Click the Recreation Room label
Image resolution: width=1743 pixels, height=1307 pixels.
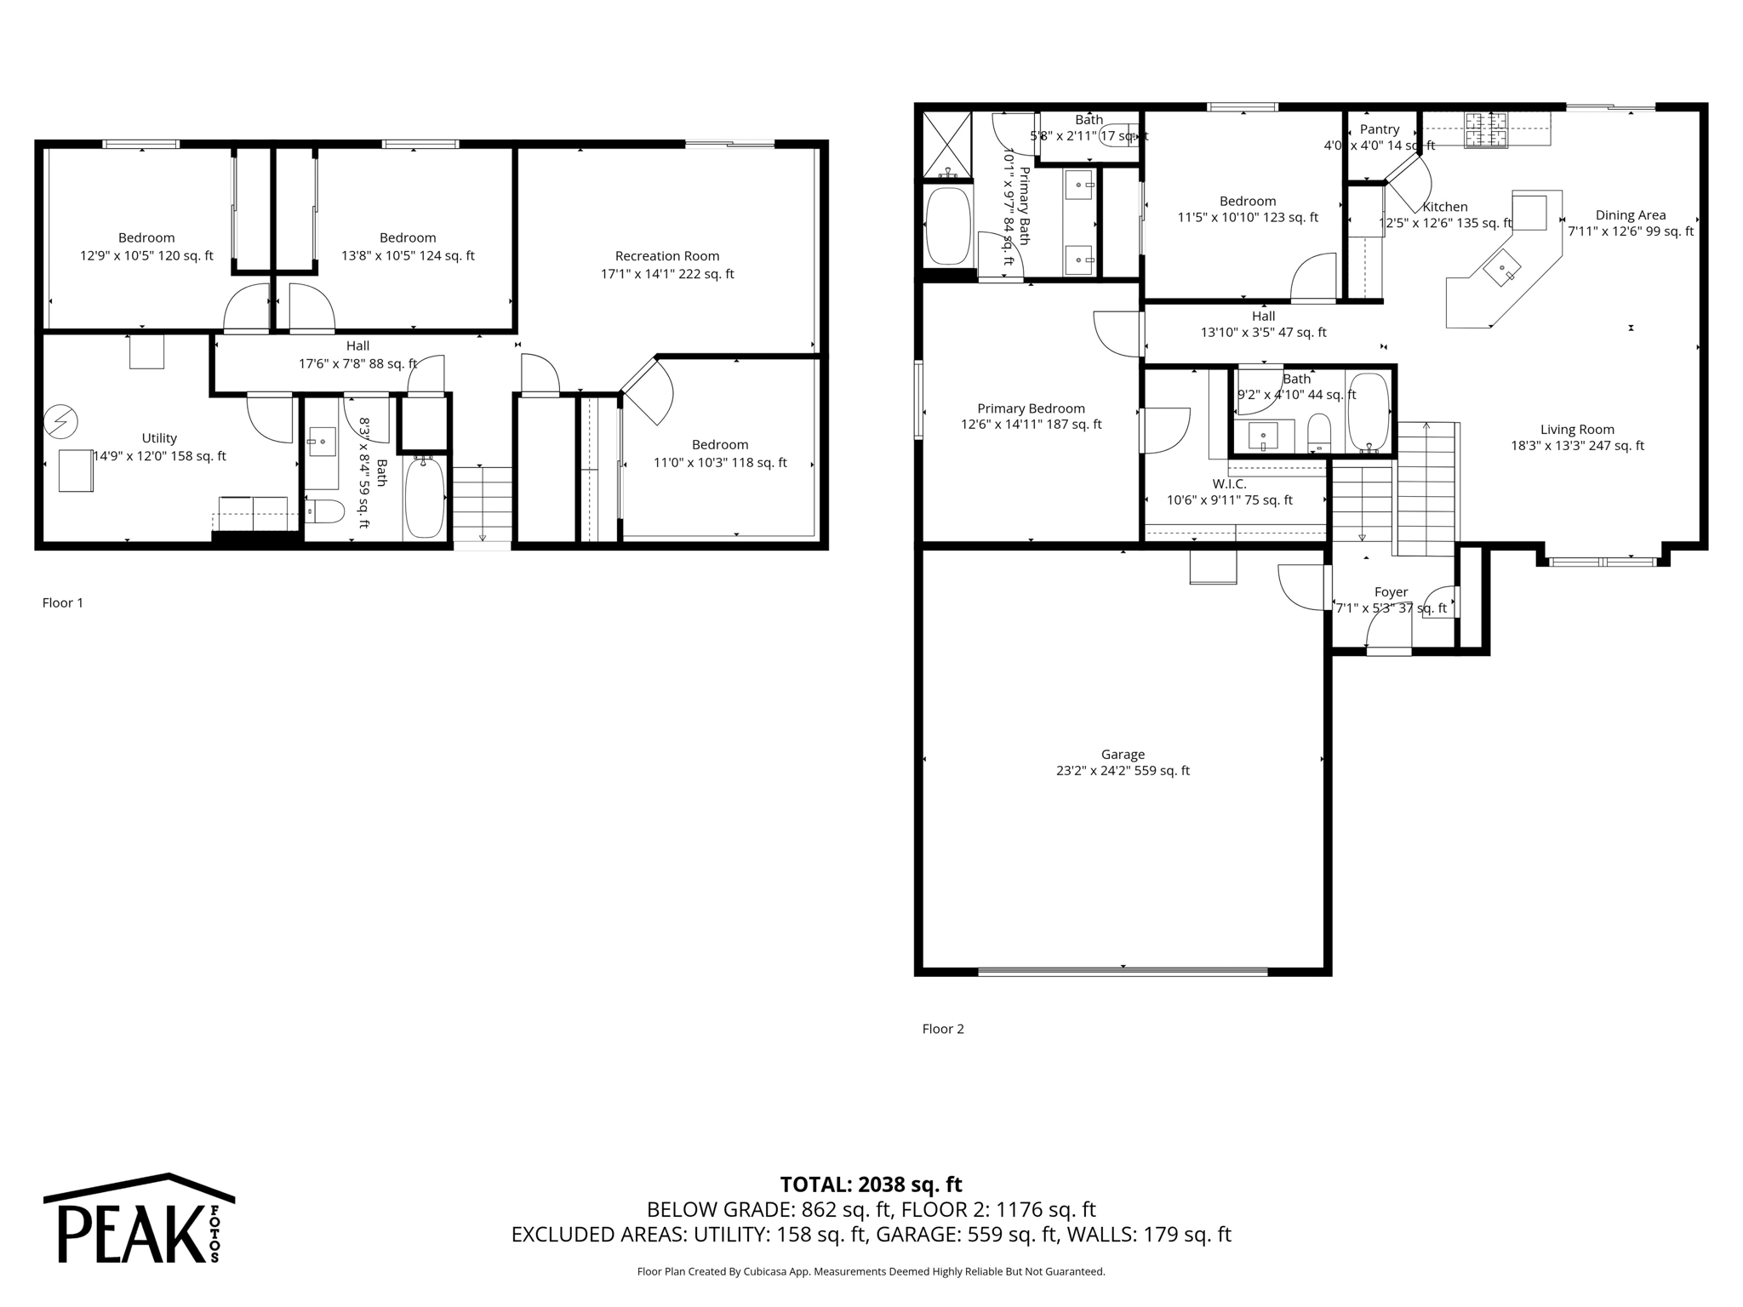tap(667, 256)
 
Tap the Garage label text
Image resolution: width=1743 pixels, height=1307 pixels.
tap(1123, 755)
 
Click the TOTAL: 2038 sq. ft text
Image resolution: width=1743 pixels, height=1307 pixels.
tap(871, 1184)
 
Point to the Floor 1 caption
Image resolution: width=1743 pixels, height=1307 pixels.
tap(63, 603)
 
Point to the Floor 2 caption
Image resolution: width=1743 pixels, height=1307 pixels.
tap(943, 1029)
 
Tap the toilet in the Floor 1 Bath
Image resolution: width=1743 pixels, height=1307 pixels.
tap(325, 511)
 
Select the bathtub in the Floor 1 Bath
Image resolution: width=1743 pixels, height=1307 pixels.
tap(424, 498)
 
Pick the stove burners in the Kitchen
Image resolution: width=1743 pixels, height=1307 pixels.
tap(1485, 130)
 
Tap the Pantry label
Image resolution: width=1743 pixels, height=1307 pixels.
tap(1380, 129)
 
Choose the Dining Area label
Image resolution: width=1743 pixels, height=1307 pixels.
tap(1631, 215)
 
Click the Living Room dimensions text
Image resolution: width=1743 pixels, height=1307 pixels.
tap(1577, 446)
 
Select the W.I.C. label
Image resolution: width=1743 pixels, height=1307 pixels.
tap(1229, 484)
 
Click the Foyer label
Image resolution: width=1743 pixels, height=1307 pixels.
tap(1392, 592)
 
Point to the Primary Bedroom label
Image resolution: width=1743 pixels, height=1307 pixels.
tap(1031, 408)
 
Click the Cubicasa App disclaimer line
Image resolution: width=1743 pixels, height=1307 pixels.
tap(871, 1272)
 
